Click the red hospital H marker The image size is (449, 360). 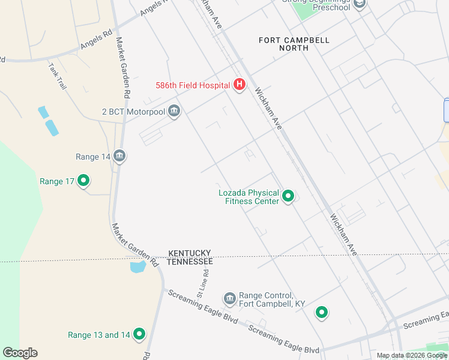(239, 85)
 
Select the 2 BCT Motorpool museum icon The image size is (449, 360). (174, 112)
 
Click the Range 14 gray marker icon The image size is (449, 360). (119, 157)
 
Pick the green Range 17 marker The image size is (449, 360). (83, 181)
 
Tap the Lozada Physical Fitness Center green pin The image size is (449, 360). (288, 196)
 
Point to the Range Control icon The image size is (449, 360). (229, 299)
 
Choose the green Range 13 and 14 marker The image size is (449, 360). (139, 334)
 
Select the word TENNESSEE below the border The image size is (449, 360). (190, 262)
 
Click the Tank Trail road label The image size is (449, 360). (58, 76)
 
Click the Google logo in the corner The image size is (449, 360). (20, 353)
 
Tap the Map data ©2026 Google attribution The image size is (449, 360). (412, 355)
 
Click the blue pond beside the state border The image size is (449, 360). (137, 266)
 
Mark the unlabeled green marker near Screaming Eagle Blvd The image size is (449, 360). (322, 312)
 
